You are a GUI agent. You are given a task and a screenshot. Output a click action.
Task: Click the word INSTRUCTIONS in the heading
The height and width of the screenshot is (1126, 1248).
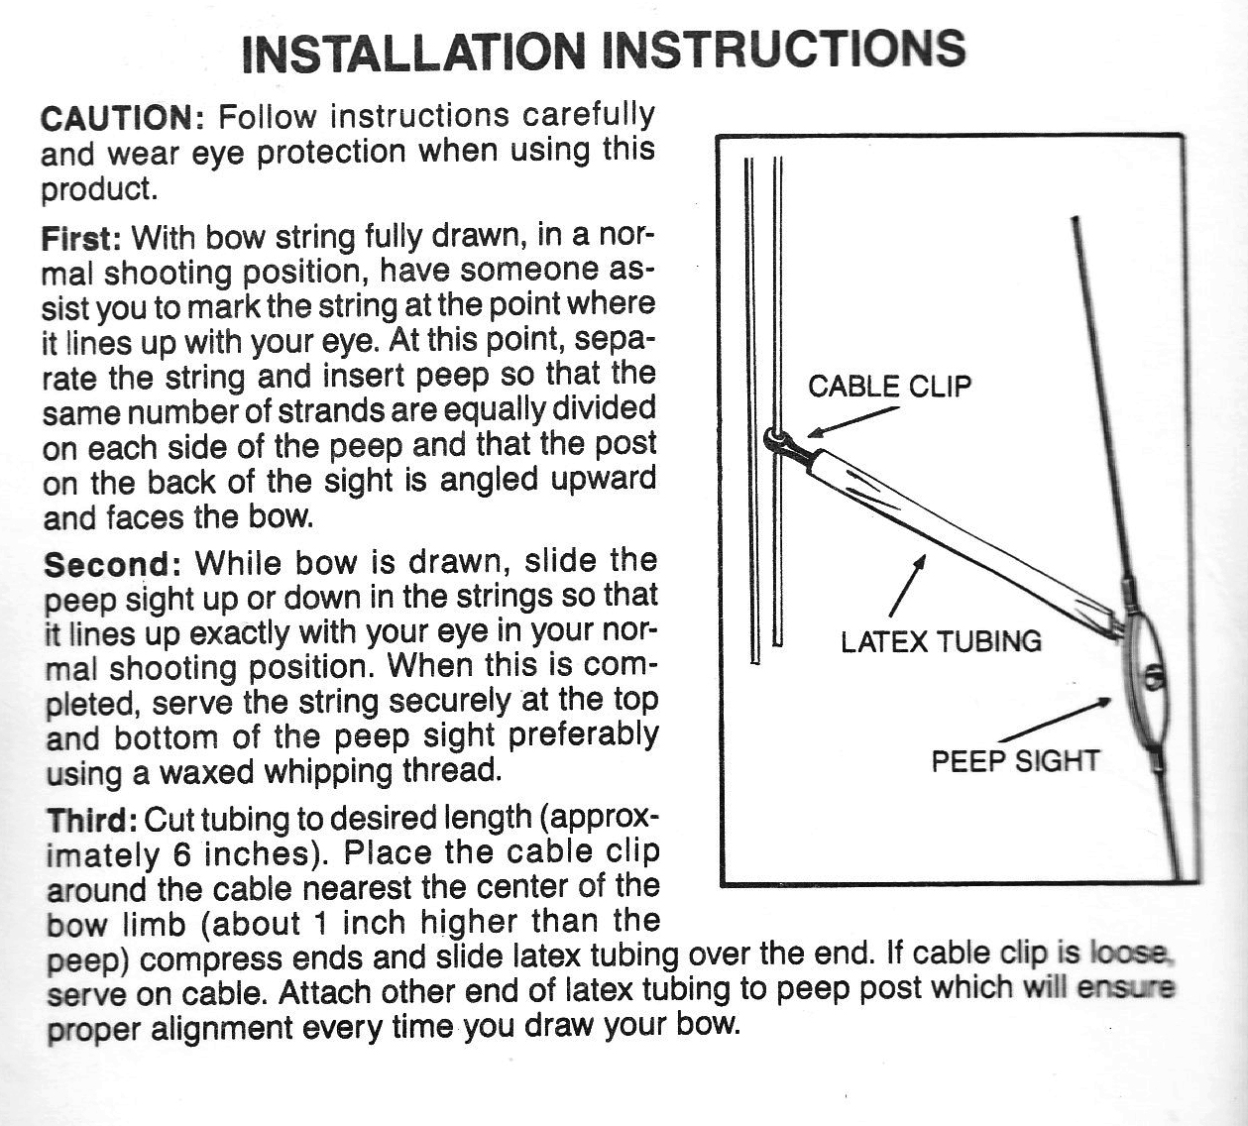(783, 49)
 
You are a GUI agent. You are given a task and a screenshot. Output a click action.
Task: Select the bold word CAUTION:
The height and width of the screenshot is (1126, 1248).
(122, 118)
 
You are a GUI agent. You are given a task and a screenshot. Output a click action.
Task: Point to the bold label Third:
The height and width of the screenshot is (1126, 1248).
(92, 821)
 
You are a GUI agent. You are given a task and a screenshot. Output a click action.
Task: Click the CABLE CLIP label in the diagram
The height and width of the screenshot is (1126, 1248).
(889, 386)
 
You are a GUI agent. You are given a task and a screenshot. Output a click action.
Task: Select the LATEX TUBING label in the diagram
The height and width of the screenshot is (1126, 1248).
(941, 641)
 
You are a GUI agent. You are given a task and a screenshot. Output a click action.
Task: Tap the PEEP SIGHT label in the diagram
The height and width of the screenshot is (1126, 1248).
(1015, 761)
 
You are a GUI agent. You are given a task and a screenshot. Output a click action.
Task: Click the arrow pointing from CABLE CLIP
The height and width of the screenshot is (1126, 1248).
(852, 421)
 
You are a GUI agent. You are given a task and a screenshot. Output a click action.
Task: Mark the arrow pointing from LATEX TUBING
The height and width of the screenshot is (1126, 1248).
(909, 587)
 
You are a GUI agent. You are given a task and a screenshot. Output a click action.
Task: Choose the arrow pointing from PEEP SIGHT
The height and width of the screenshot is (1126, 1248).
(1056, 721)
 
